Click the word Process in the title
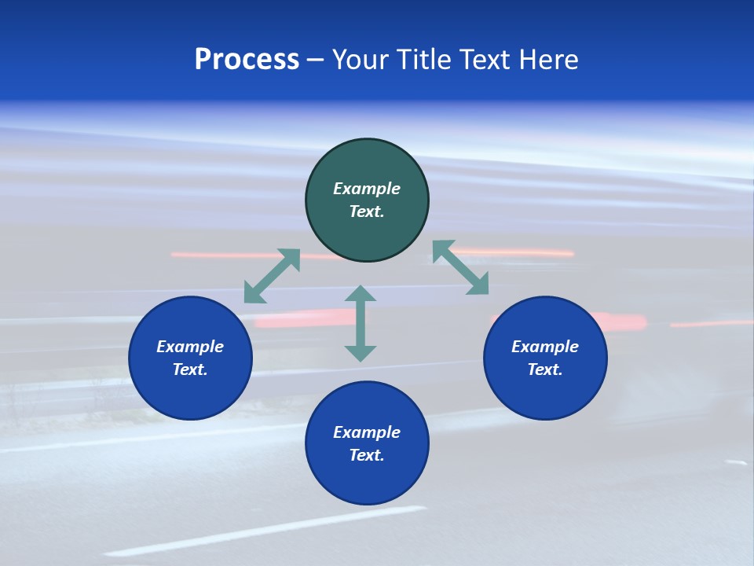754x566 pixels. coord(247,60)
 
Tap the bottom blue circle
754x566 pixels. coord(367,480)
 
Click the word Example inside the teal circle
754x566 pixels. coord(367,189)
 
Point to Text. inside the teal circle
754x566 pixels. coord(367,211)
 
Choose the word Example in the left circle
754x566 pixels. coord(190,347)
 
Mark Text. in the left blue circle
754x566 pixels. coord(190,369)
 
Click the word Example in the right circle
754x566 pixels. coord(545,347)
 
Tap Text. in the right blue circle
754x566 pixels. coord(545,369)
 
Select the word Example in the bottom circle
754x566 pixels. coord(367,432)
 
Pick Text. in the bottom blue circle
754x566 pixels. coord(367,455)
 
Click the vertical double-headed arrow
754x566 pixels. coord(361,323)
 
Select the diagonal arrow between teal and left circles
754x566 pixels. coord(272,276)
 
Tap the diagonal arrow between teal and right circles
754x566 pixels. coord(460,267)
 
